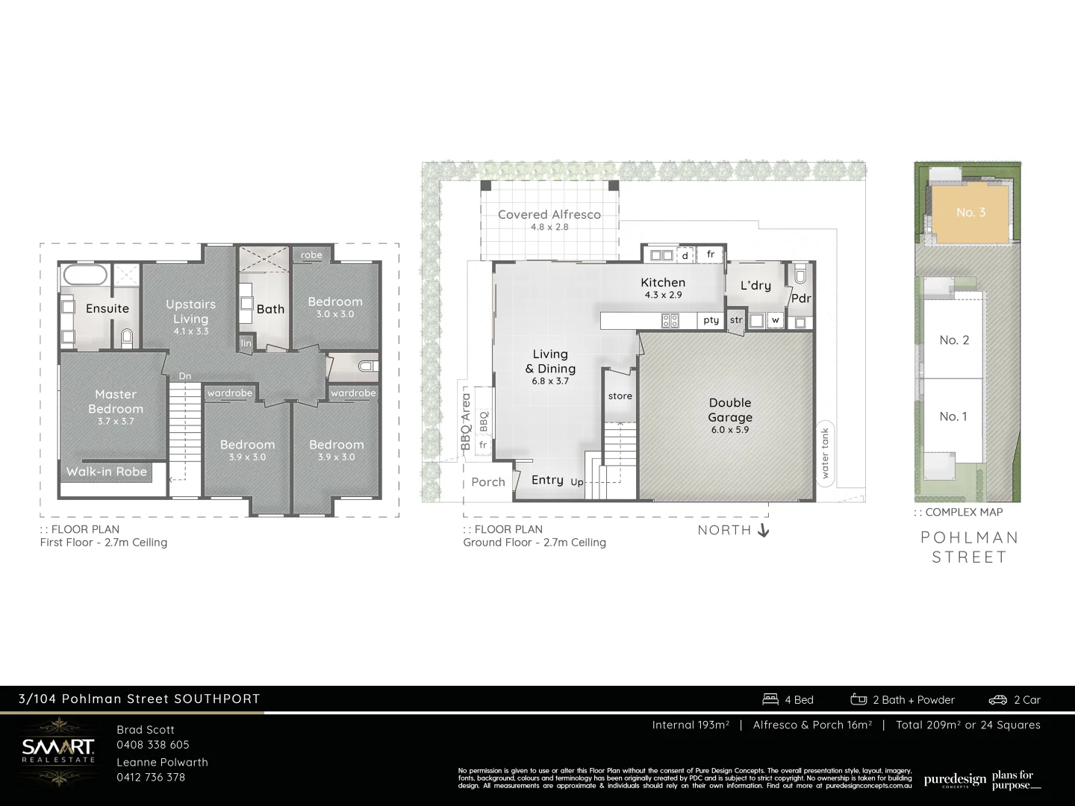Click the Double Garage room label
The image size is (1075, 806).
[x=730, y=410]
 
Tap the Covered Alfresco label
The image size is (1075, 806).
[x=549, y=215]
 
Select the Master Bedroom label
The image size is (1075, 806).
[x=116, y=402]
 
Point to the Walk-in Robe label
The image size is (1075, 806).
[x=107, y=472]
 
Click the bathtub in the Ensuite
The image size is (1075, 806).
[x=86, y=275]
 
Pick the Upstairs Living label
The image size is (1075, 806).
[x=190, y=311]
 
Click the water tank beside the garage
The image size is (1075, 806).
[x=825, y=452]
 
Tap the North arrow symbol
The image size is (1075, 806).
[x=763, y=531]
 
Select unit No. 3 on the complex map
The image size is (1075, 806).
[x=970, y=213]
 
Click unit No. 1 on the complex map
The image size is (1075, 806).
[x=953, y=416]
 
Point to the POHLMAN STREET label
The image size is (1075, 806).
[x=969, y=547]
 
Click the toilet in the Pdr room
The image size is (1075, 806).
[x=800, y=274]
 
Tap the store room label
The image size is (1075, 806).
[x=620, y=396]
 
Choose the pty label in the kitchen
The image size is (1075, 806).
[x=711, y=320]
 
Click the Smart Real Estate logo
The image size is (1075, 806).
[x=58, y=750]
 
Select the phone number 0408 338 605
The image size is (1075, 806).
[x=153, y=745]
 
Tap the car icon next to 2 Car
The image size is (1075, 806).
[x=998, y=700]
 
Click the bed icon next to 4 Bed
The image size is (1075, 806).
[x=770, y=699]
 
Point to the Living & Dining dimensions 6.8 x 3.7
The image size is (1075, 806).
[x=550, y=381]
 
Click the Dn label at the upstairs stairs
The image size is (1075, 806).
[x=185, y=376]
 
